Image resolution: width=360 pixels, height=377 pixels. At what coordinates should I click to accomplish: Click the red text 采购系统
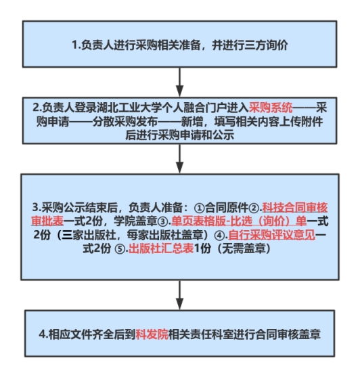(x=271, y=108)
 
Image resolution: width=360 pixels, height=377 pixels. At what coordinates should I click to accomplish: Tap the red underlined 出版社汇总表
(x=161, y=248)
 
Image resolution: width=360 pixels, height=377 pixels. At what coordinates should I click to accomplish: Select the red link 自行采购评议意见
(x=272, y=235)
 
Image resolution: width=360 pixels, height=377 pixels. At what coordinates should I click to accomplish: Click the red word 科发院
(x=152, y=334)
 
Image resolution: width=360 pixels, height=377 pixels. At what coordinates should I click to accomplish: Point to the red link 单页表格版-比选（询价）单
(x=239, y=221)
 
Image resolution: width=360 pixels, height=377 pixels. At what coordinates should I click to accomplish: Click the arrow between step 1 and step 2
(x=179, y=82)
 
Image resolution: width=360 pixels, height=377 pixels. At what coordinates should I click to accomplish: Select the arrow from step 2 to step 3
(x=179, y=158)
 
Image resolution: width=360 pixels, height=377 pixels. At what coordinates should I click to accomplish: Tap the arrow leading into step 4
(x=179, y=295)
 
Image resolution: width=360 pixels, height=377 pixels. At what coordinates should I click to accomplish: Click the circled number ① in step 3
(x=199, y=208)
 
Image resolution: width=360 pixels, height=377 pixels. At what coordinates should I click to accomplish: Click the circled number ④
(x=219, y=235)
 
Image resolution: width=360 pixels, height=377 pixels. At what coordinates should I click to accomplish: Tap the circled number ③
(x=163, y=221)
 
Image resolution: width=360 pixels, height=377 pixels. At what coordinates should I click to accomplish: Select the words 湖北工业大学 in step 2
(x=125, y=108)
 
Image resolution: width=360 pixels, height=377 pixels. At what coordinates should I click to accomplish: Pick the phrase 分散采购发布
(x=125, y=121)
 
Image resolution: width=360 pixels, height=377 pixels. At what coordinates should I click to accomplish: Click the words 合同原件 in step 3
(x=227, y=208)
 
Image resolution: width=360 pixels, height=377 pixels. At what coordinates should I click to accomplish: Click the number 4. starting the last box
(x=43, y=334)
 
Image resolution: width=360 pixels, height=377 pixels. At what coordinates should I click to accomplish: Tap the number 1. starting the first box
(x=76, y=45)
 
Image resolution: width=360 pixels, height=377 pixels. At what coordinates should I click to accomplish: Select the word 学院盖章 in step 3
(x=135, y=221)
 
